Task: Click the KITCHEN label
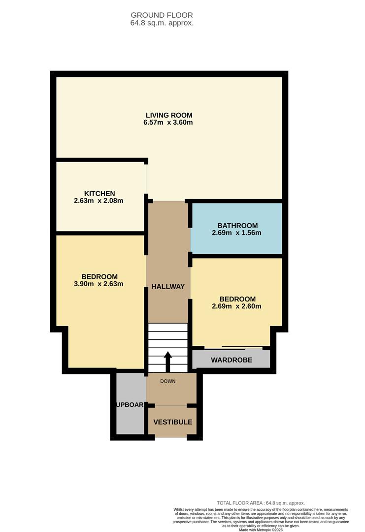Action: [x=100, y=194]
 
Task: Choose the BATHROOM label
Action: [x=237, y=226]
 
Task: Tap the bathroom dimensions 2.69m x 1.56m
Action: [x=236, y=233]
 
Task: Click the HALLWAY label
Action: [x=168, y=287]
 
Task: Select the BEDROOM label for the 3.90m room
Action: [x=100, y=276]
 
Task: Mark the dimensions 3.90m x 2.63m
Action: [x=100, y=284]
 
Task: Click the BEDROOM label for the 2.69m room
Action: [x=237, y=299]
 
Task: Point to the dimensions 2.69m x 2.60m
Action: [x=236, y=306]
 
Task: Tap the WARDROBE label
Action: [x=232, y=360]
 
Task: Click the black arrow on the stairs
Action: [x=167, y=362]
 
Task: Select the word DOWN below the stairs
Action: [x=167, y=381]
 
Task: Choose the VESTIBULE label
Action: [x=172, y=422]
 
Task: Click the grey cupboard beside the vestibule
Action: [x=130, y=404]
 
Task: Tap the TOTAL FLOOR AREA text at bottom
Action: [x=261, y=503]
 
